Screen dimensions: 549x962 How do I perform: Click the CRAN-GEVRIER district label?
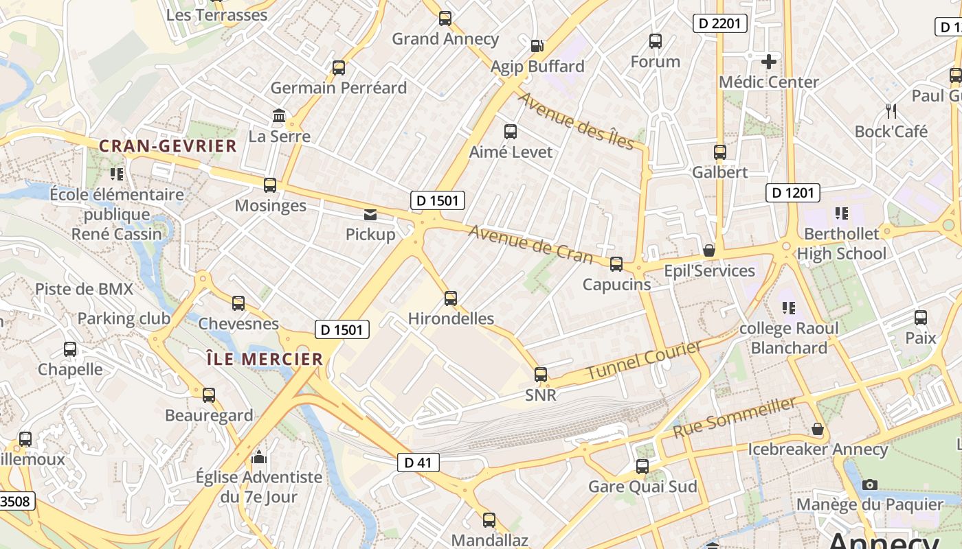point(168,146)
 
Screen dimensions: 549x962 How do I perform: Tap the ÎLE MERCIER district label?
point(265,359)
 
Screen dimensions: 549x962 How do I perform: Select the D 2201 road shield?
point(719,23)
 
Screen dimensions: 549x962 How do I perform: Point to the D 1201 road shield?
point(793,193)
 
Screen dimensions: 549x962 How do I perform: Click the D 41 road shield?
point(418,463)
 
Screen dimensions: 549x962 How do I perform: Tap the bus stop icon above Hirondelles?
point(451,299)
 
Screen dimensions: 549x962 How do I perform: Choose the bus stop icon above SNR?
point(541,375)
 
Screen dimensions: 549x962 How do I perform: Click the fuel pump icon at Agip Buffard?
point(537,46)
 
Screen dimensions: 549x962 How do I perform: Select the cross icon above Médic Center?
point(769,62)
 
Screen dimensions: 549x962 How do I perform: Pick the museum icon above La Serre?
point(279,116)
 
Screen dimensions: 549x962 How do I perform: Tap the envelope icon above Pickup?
point(370,215)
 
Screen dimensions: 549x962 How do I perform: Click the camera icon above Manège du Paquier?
point(869,484)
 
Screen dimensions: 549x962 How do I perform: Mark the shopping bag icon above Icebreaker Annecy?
point(818,429)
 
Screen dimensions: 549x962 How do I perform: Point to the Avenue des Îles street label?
point(576,120)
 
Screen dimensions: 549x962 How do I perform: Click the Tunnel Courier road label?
point(644,361)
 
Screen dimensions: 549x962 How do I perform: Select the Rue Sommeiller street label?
point(735,417)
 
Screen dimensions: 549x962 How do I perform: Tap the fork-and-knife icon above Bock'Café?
point(891,110)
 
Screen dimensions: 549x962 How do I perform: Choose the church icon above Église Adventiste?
point(259,456)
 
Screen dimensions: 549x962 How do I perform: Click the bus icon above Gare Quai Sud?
point(642,467)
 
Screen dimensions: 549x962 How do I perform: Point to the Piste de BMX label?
point(85,289)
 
